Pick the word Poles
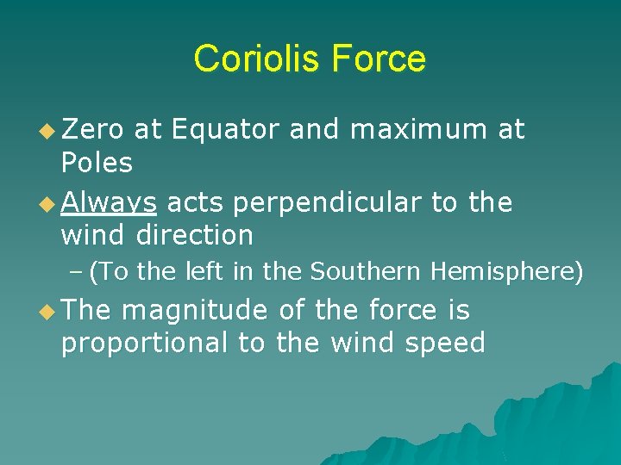tap(97, 162)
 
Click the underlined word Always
tap(109, 203)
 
